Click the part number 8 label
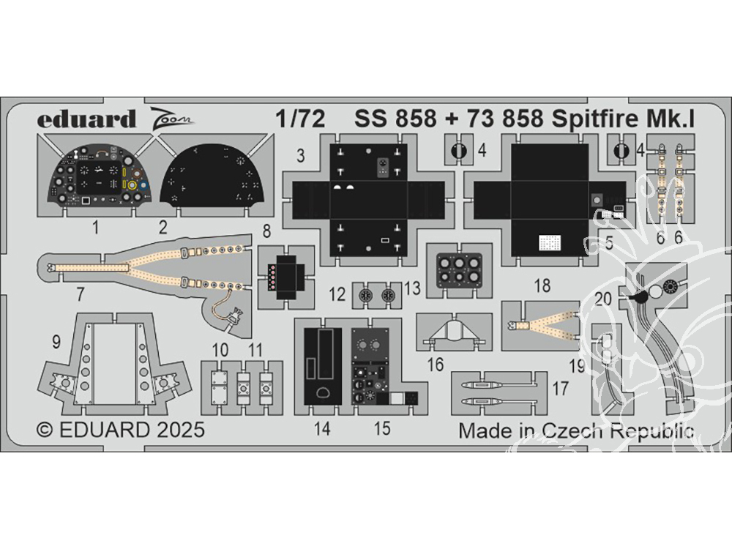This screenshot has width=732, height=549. tap(266, 231)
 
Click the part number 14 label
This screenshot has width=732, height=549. tap(323, 430)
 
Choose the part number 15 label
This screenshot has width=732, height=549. tap(382, 430)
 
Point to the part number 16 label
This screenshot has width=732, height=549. tap(436, 365)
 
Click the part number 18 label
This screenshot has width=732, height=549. tap(542, 286)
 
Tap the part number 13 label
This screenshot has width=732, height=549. tap(413, 290)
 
